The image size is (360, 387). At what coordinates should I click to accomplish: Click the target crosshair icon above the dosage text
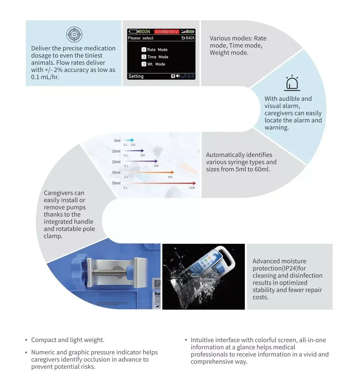coord(74,34)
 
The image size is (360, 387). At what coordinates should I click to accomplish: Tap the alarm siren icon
coord(292,83)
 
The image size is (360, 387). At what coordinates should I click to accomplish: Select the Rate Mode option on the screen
coord(155,49)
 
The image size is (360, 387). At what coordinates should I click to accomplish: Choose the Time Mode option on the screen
coord(155,57)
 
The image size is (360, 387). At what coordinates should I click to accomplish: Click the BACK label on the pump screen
coord(188,38)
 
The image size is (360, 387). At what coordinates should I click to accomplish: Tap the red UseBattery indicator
coord(166,31)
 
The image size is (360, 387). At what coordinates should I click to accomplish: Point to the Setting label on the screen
coord(136,76)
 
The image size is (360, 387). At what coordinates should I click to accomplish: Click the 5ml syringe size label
coord(117,141)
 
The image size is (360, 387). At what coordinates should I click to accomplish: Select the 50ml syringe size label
coord(116,183)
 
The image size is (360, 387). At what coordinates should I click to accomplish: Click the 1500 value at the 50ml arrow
coord(192,188)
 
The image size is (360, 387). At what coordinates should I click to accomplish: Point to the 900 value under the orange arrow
coord(170,177)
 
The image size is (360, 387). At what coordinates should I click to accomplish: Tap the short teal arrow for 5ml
coord(129,140)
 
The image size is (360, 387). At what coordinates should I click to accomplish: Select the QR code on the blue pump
coord(157,283)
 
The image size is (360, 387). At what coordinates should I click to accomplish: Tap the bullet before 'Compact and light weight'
coord(26,340)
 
